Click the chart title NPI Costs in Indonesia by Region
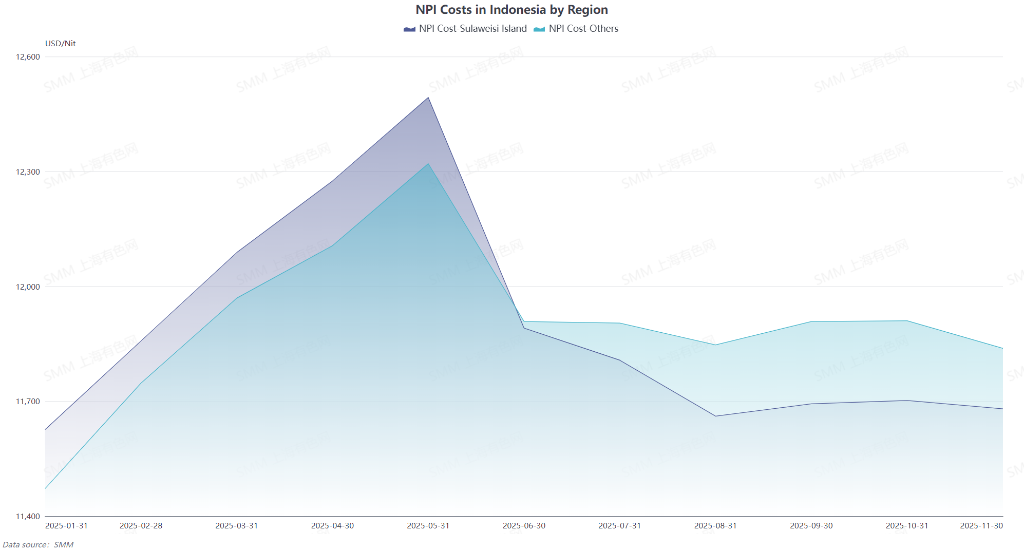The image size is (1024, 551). click(511, 10)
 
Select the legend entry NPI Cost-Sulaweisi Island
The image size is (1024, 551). click(466, 29)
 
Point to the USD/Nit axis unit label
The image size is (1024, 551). click(60, 44)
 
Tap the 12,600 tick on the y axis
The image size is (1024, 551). click(28, 57)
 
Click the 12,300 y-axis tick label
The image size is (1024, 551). click(28, 172)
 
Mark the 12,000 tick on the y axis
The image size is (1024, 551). click(28, 287)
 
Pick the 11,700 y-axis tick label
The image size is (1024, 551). click(28, 402)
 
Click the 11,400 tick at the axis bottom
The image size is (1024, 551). click(28, 517)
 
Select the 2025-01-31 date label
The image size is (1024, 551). click(66, 526)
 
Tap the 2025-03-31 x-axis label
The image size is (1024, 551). click(236, 526)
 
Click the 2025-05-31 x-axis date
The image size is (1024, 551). click(428, 526)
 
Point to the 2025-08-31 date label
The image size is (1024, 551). click(715, 526)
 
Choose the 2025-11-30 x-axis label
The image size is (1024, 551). click(981, 526)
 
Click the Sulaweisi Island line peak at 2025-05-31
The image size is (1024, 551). click(428, 98)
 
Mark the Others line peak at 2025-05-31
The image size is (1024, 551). click(428, 164)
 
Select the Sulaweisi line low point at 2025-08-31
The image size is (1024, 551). click(715, 416)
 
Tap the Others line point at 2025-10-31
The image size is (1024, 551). click(907, 321)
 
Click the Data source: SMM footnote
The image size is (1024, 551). click(38, 545)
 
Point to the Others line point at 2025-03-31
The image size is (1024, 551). click(237, 298)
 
